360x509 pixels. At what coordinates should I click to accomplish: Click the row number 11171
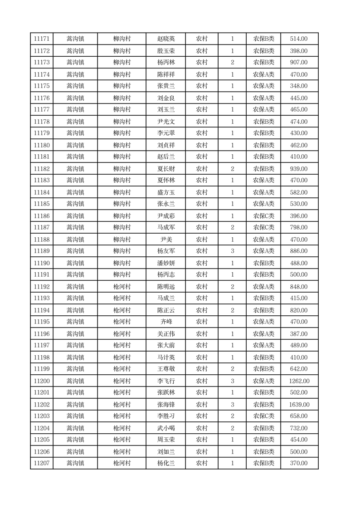tap(42, 39)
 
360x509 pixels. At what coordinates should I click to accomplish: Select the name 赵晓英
tap(165, 39)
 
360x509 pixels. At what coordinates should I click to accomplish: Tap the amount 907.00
tap(298, 63)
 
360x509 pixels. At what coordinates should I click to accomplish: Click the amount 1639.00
tap(299, 405)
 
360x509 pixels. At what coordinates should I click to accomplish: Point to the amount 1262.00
tap(299, 381)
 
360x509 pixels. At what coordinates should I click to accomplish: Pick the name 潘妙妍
tap(165, 263)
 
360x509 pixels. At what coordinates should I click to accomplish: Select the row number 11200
tap(42, 381)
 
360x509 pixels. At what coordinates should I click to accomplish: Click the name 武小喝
tap(165, 428)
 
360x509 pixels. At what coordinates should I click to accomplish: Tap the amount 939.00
tap(298, 169)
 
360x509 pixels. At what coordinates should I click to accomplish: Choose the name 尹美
tap(165, 240)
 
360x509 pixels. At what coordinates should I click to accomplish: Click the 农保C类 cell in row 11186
tap(263, 216)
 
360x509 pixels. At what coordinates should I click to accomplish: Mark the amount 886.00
tap(298, 251)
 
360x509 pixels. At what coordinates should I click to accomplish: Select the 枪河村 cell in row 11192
tap(122, 287)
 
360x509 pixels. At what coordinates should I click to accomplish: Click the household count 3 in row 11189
tap(233, 251)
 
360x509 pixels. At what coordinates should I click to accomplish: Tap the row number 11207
tap(42, 463)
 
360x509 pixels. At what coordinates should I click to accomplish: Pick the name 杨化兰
tap(165, 463)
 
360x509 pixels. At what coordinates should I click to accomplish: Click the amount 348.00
tap(298, 86)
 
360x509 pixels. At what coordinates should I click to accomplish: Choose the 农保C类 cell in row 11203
tap(263, 416)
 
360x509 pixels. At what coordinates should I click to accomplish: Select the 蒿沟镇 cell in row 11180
tap(75, 145)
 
